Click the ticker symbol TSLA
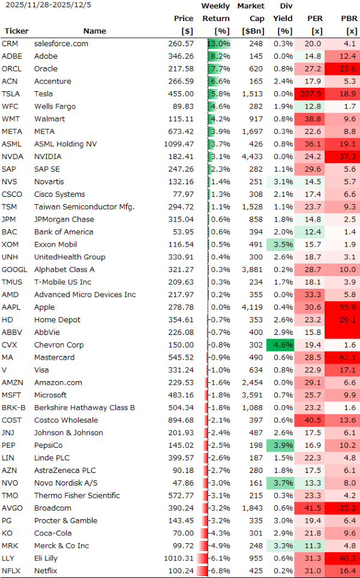point(11,94)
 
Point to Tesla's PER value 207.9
point(313,94)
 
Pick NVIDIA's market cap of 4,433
point(251,157)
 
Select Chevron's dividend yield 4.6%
point(283,345)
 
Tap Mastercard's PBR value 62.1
point(347,358)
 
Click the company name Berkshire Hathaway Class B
point(85,408)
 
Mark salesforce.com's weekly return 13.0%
point(219,43)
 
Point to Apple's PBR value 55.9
point(347,307)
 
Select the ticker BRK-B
point(14,408)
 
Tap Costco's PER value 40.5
point(313,420)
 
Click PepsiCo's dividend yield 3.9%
point(283,445)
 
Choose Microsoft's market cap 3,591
point(251,396)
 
